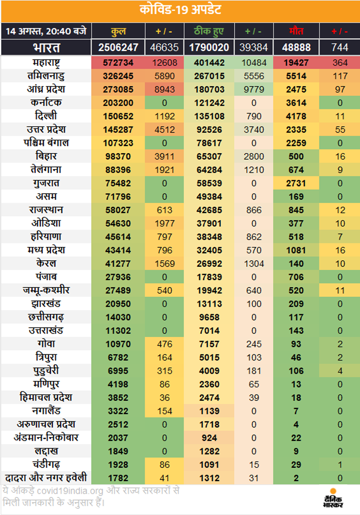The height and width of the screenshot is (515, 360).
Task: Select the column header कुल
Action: click(118, 31)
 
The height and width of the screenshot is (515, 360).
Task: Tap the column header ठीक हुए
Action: click(209, 31)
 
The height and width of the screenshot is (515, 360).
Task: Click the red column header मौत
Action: click(296, 31)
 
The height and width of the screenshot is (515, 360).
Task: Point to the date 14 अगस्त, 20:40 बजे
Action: click(46, 31)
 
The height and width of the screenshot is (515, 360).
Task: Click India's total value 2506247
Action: click(118, 48)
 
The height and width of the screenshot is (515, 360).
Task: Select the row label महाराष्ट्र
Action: click(46, 63)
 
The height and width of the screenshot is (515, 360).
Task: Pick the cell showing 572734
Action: click(118, 63)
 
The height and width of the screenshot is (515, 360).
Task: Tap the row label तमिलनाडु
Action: click(46, 76)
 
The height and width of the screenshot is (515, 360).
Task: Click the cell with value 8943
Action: click(165, 89)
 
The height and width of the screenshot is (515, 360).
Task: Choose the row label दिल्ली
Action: click(46, 116)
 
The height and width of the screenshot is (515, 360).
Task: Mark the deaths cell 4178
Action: click(296, 116)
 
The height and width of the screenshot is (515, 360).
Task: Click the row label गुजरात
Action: click(46, 183)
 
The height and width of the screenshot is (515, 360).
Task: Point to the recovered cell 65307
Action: click(209, 156)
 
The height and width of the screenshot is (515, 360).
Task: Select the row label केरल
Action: click(46, 263)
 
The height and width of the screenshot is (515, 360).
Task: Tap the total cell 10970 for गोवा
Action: click(118, 344)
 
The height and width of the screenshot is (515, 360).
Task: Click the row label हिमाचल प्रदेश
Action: click(46, 397)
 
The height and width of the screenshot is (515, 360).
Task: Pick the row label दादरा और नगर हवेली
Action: click(46, 478)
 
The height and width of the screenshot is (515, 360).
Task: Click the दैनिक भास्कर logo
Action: click(333, 498)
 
